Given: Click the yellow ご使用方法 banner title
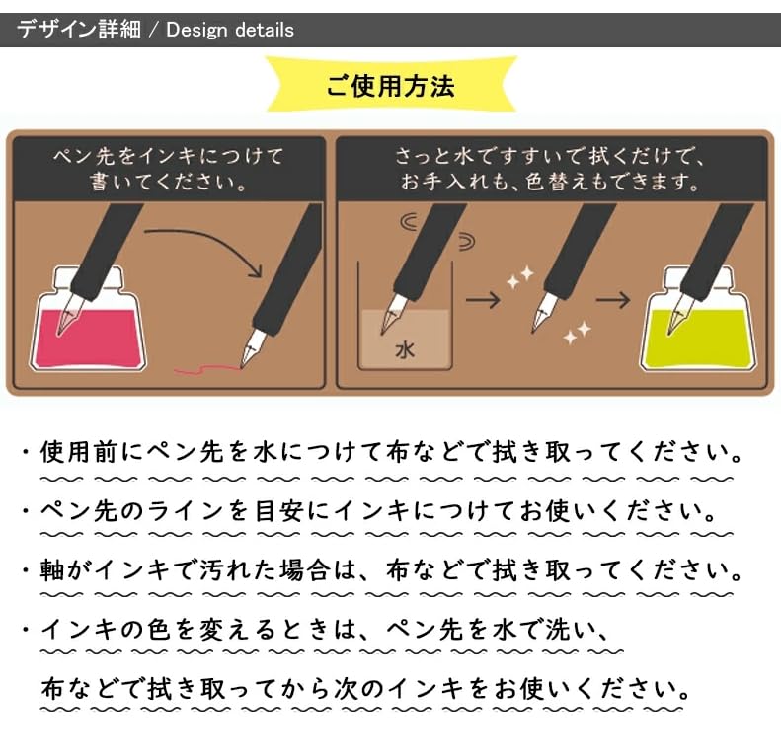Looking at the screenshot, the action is coord(390,86).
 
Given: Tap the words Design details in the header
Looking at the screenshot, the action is coord(230,30).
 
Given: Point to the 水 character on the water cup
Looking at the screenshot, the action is coord(405,350).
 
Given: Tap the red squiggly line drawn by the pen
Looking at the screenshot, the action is coord(206,369).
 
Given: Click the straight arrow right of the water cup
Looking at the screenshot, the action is coord(483,300).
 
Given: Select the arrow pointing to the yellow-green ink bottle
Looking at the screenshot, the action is coord(613,300).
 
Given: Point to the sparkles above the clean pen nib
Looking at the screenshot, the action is coord(520,277).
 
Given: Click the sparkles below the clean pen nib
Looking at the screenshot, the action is coord(578,333).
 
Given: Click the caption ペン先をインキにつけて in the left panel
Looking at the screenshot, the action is coord(169,156).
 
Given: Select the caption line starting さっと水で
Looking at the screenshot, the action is coord(549,156).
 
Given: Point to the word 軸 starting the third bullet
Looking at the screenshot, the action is coord(52,570).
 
